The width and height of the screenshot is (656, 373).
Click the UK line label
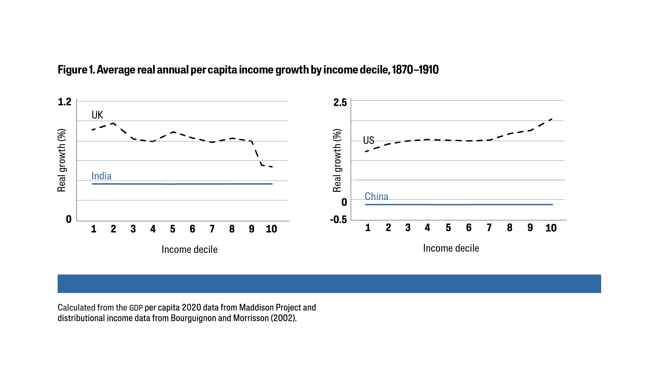(97, 115)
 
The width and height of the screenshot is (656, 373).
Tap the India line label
(101, 176)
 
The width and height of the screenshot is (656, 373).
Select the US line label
(369, 140)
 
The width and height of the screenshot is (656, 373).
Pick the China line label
(376, 196)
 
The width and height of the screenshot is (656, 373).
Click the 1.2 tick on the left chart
(65, 102)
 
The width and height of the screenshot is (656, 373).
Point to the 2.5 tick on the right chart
(340, 103)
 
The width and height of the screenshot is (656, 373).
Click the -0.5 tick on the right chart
(338, 220)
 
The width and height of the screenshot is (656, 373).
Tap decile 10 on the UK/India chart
(271, 229)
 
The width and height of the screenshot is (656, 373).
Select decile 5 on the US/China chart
(448, 228)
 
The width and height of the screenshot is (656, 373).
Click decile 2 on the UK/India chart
(113, 229)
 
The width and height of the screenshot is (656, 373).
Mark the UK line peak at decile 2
(113, 123)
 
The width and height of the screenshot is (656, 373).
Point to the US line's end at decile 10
(552, 119)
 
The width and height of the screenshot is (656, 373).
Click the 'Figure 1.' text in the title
(76, 70)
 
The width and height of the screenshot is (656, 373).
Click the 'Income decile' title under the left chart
(189, 249)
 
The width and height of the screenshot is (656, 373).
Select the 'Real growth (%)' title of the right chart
(337, 160)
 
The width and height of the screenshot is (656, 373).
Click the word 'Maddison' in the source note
(256, 307)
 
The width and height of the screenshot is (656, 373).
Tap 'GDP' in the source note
(136, 308)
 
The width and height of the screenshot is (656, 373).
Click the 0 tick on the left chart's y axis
(69, 219)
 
